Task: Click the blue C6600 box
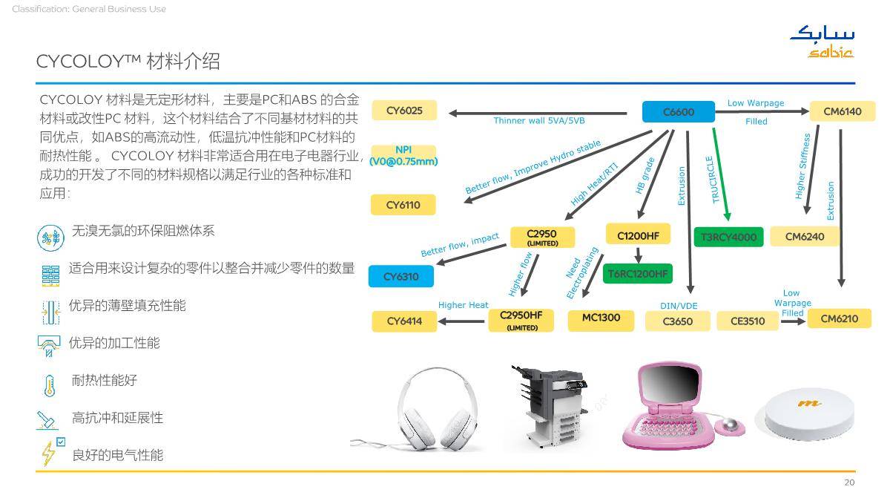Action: (x=678, y=112)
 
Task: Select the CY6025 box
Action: (x=404, y=110)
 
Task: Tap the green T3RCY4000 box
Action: (x=728, y=237)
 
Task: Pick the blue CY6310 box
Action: (x=401, y=276)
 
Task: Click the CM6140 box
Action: (x=843, y=111)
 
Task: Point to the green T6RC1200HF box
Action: (x=638, y=274)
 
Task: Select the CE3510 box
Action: (x=748, y=321)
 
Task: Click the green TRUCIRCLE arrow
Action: (x=720, y=174)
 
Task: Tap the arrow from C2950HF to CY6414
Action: (x=461, y=321)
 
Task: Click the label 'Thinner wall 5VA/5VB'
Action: (x=539, y=120)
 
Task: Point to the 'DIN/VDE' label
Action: (x=679, y=306)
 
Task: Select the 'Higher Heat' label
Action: (x=463, y=305)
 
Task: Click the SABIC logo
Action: (x=823, y=42)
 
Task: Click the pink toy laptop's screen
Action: (x=670, y=384)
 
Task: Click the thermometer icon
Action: (x=49, y=385)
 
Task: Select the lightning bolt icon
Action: (x=49, y=453)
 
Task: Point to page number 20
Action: (x=849, y=482)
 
